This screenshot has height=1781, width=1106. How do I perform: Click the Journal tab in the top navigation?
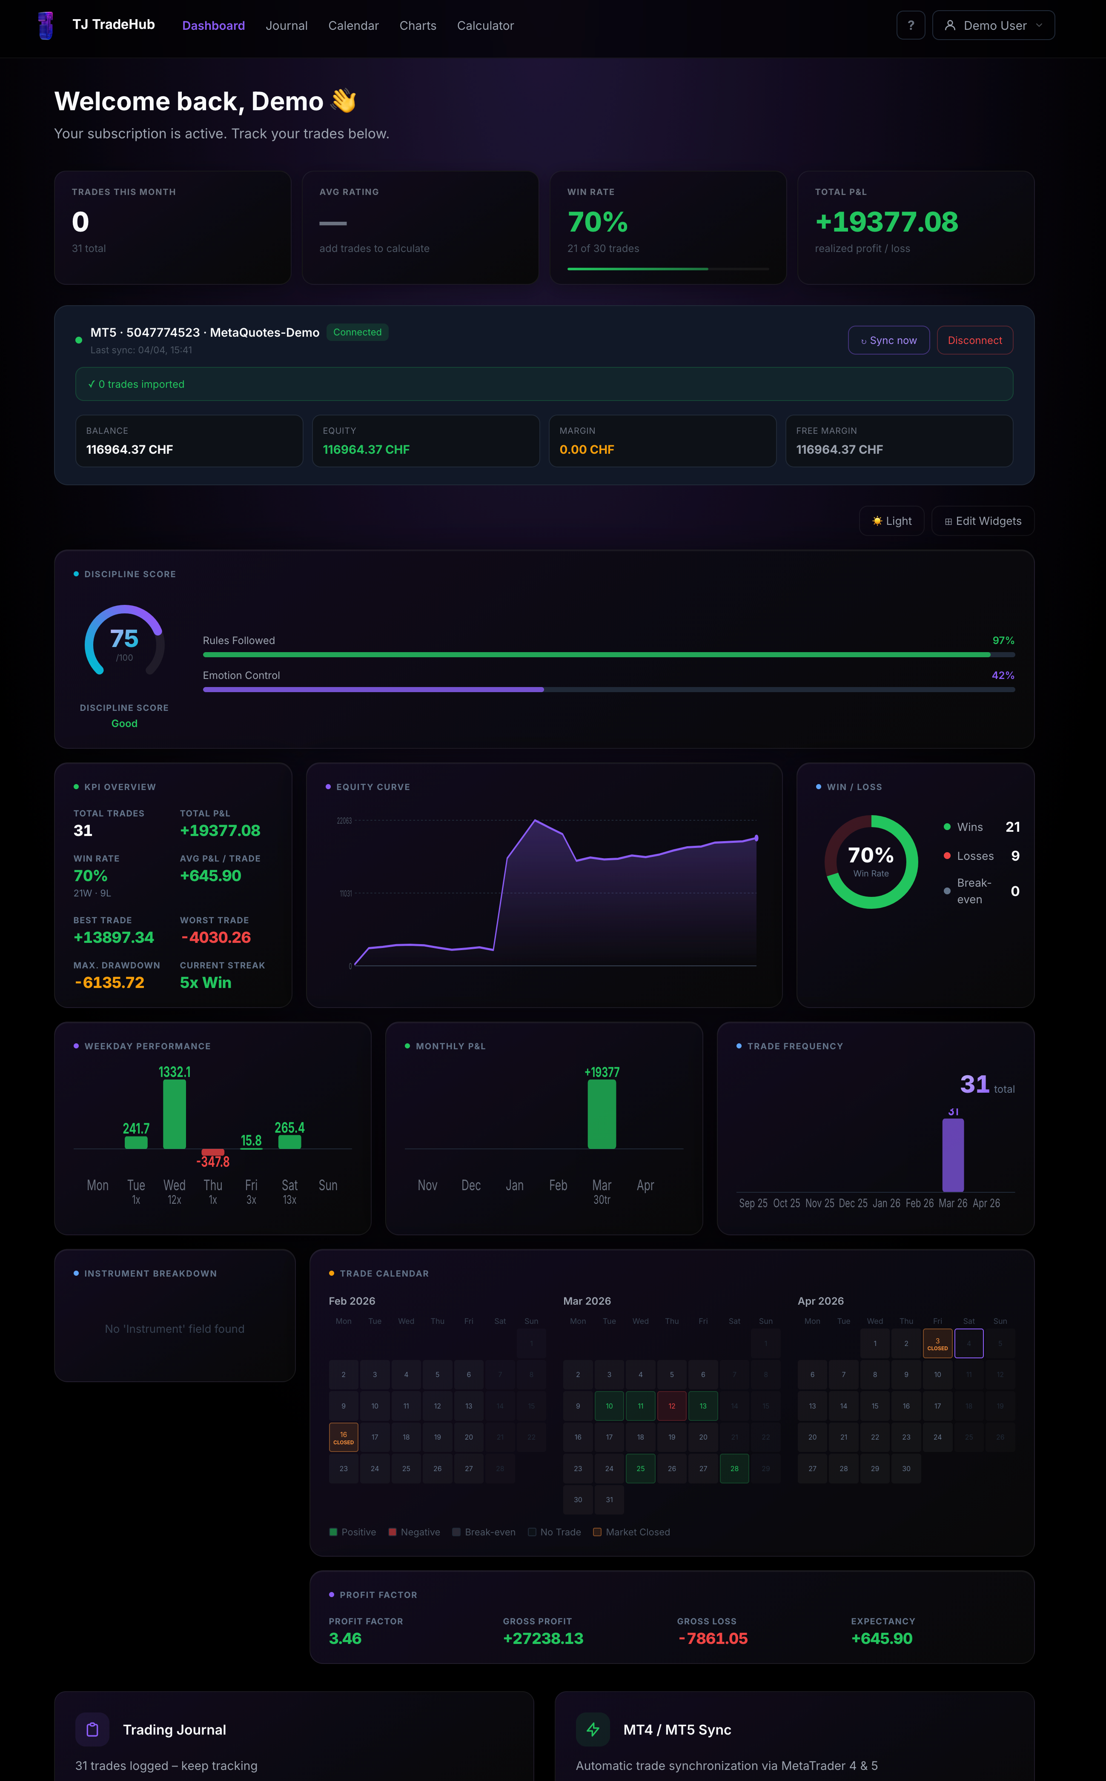(x=286, y=26)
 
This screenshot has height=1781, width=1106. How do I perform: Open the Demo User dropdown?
(x=993, y=26)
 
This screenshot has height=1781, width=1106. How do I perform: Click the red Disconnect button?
(x=974, y=340)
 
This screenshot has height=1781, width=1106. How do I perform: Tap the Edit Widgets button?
(x=983, y=521)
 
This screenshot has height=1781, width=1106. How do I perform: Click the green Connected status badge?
(x=357, y=332)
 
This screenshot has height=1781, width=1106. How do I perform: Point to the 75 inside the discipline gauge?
(x=124, y=639)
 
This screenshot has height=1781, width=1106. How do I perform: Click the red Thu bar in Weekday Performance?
(x=213, y=1152)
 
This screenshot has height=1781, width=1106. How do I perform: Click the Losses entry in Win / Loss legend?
(x=974, y=856)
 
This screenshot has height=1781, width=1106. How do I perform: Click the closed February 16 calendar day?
(x=343, y=1437)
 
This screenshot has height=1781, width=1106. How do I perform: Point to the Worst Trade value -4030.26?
(x=216, y=938)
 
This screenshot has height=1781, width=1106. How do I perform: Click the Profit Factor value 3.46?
(x=345, y=1638)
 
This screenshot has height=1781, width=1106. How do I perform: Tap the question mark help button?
(x=910, y=26)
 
